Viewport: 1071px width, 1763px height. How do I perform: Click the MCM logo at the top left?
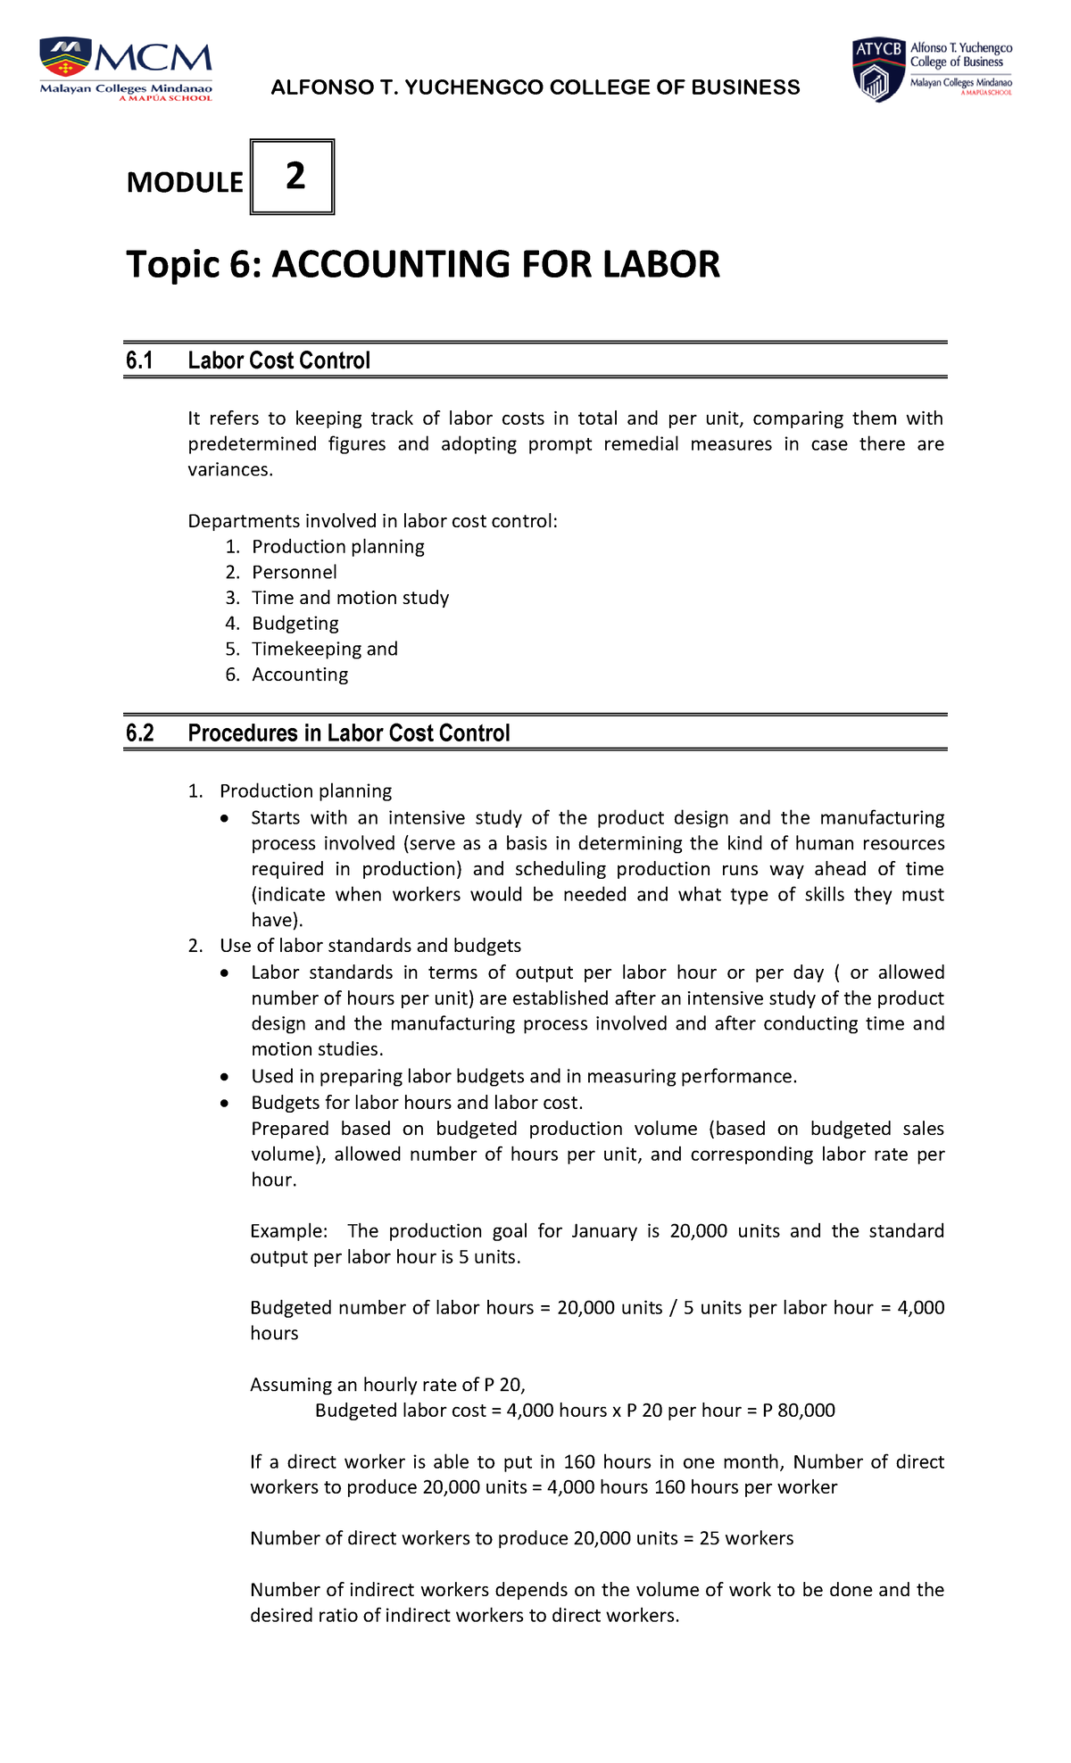(x=125, y=69)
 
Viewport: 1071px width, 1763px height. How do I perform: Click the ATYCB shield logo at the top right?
(x=878, y=70)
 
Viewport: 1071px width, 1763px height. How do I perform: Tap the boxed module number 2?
(x=294, y=176)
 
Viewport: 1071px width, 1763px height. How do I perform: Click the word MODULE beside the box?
(x=184, y=182)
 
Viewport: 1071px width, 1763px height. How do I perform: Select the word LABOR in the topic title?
(x=660, y=265)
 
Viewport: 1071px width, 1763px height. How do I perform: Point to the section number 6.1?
(x=139, y=360)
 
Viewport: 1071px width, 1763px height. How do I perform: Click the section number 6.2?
(x=139, y=733)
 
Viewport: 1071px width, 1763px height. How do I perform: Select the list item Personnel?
(x=294, y=572)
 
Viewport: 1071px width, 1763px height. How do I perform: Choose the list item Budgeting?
(x=295, y=623)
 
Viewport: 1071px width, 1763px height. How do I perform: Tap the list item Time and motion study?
(x=350, y=598)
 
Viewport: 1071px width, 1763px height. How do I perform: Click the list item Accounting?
(x=300, y=675)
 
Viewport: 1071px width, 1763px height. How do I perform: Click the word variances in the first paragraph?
(x=228, y=469)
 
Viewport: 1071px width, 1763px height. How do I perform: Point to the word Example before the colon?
(x=286, y=1230)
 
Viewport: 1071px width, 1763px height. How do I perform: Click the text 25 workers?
(x=746, y=1538)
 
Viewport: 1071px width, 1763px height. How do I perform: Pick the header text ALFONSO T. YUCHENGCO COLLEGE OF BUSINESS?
(x=535, y=87)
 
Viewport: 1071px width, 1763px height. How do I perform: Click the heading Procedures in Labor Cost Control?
(x=348, y=733)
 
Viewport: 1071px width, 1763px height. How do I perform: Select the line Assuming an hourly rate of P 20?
(x=387, y=1385)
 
